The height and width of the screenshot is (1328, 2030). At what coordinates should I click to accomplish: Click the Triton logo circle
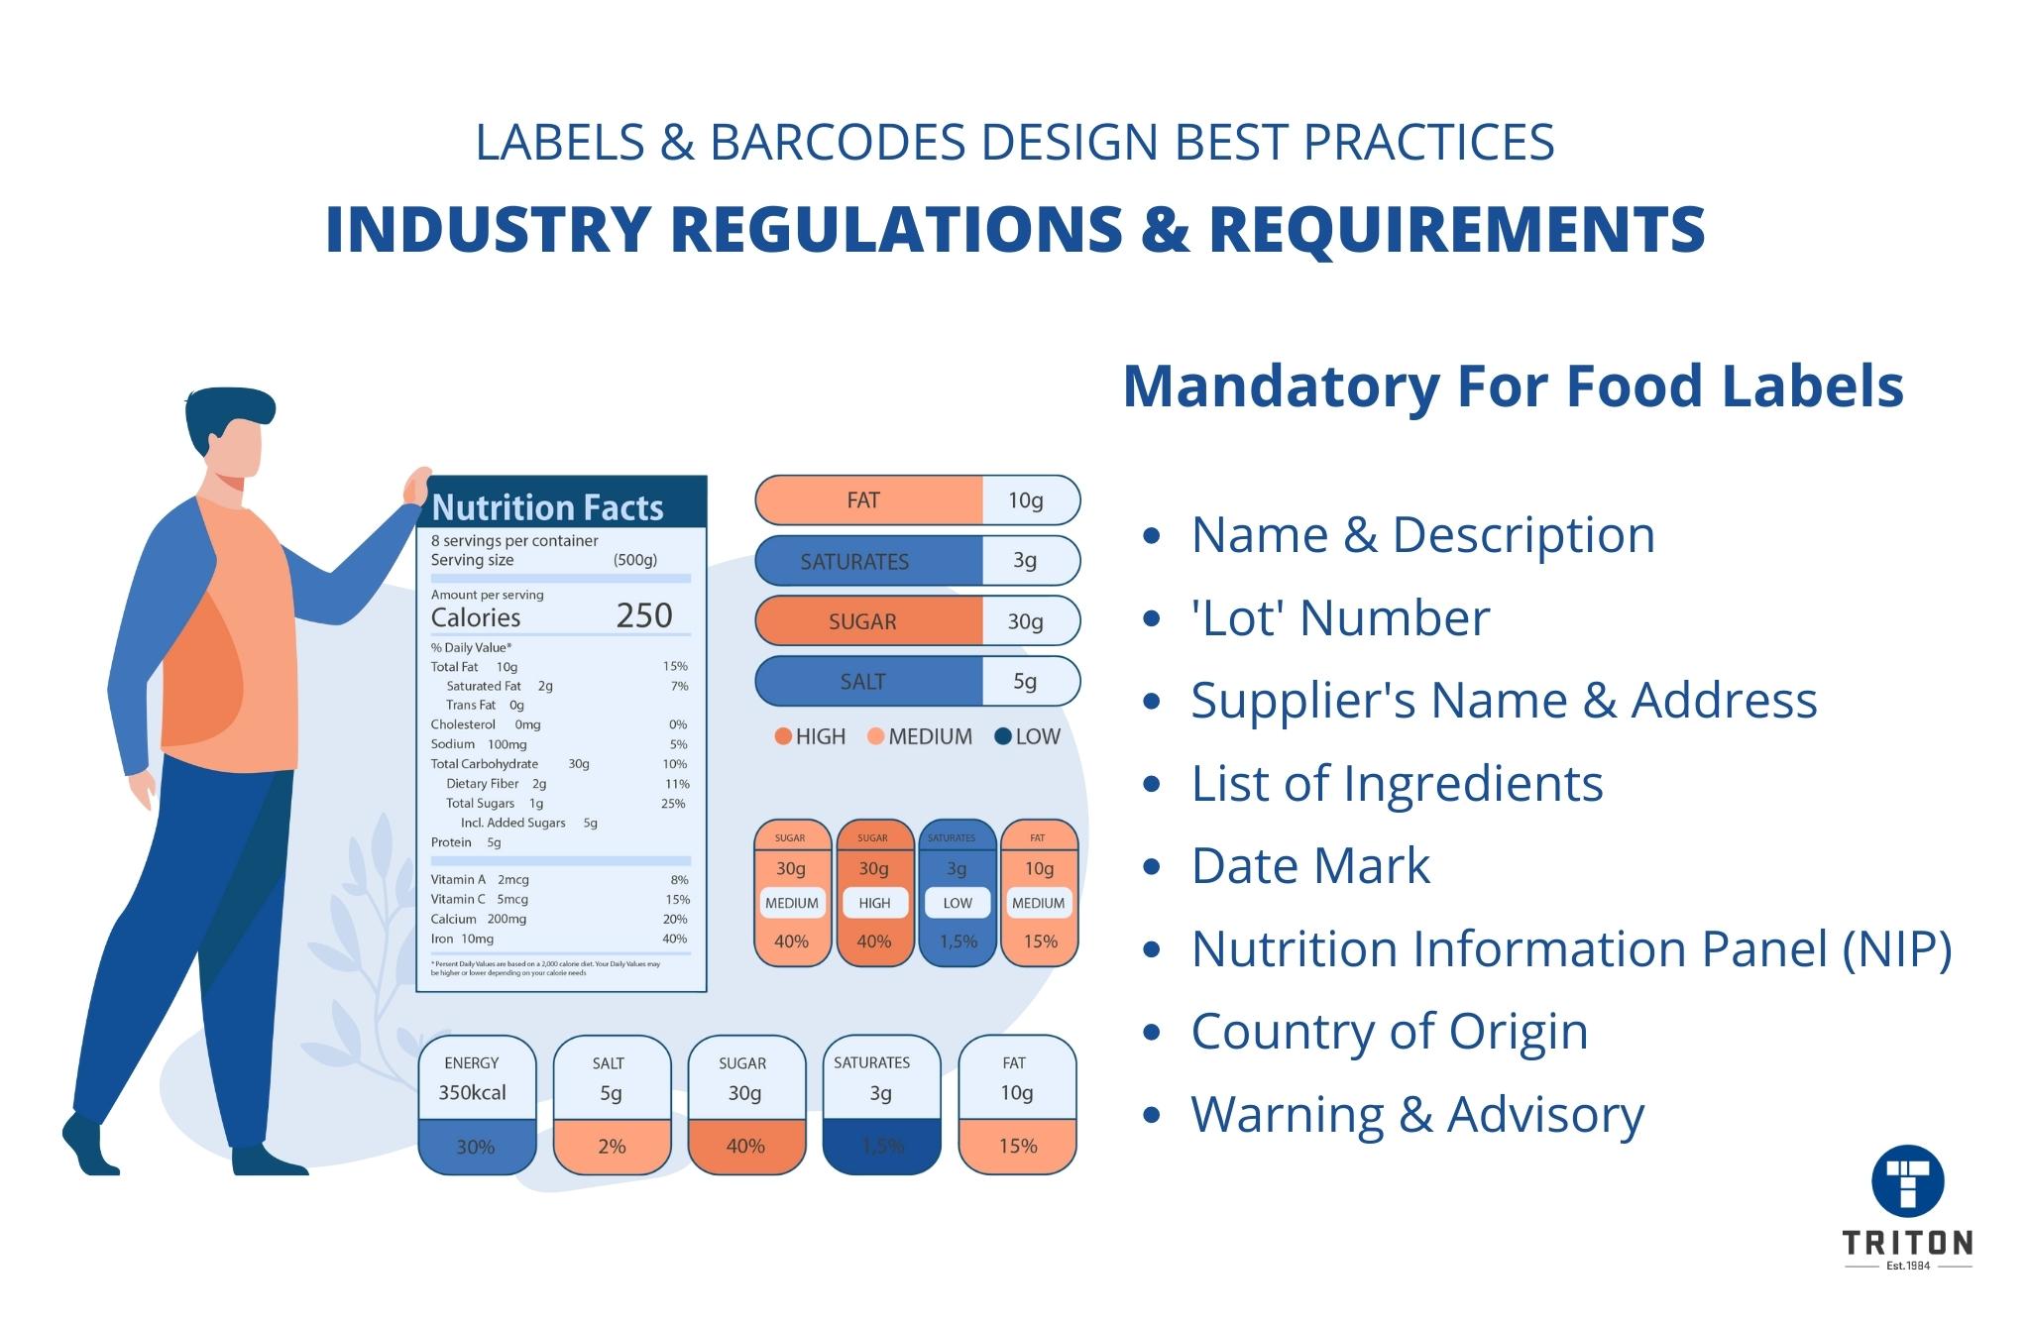(1907, 1181)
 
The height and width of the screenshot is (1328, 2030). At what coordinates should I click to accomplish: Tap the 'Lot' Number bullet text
(1340, 618)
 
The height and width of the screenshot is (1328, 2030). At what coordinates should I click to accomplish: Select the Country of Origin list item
(1389, 1031)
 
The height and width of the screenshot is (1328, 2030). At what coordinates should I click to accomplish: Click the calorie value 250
(644, 615)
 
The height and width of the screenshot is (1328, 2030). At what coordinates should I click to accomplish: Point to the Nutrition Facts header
(548, 507)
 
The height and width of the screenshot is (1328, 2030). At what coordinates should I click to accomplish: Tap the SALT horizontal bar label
(862, 682)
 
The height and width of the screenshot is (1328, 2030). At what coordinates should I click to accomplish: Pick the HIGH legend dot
(783, 736)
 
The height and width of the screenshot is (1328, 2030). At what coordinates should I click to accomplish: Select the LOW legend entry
(1027, 736)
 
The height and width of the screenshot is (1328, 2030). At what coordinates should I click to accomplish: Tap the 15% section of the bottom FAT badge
(1017, 1146)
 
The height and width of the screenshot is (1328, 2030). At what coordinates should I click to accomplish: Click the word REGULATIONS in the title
(896, 229)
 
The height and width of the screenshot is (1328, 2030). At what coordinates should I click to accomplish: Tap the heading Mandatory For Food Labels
(1513, 386)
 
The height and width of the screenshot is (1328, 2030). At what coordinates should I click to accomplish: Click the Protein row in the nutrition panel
(466, 842)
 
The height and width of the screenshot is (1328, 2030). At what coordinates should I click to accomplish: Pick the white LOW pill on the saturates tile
(958, 903)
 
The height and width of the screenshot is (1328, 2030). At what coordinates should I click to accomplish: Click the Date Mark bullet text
(1310, 865)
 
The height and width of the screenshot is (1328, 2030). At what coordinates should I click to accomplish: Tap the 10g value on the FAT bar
(1026, 500)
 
